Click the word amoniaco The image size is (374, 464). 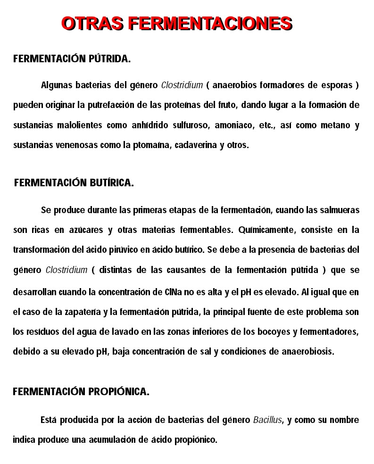(x=232, y=125)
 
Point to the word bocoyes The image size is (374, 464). (x=274, y=331)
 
